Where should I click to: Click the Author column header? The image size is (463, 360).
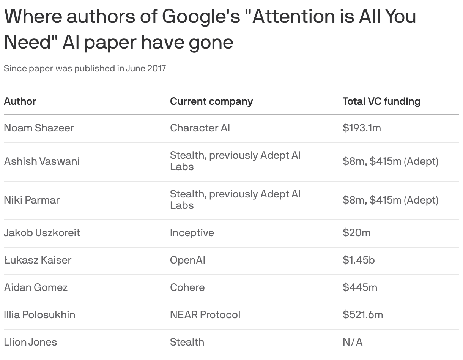20,101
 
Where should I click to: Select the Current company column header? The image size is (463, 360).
211,101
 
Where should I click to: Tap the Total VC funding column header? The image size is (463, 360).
381,101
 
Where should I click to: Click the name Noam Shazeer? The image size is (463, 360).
39,128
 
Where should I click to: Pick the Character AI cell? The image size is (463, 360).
200,128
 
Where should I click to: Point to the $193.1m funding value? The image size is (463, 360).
361,128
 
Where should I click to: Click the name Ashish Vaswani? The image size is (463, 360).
42,161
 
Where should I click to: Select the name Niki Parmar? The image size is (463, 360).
31,200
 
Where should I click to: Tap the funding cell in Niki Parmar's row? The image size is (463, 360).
390,200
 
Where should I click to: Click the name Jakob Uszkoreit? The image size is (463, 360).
42,233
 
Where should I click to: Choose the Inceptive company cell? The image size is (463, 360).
192,233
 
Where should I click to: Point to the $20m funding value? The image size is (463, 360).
356,233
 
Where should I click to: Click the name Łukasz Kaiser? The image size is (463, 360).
38,260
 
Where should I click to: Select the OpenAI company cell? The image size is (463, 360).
187,260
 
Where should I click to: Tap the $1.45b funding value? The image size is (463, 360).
359,260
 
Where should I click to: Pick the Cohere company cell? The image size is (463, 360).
187,287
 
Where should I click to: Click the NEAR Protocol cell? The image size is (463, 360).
205,315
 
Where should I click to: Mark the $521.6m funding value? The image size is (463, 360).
362,315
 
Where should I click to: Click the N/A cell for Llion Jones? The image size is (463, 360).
352,342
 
